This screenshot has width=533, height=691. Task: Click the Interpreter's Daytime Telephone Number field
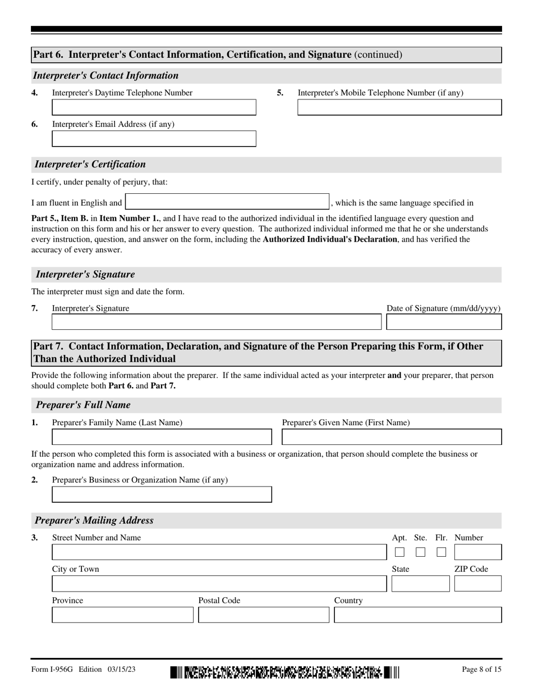tap(154, 107)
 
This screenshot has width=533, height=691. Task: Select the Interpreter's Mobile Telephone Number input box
tap(399, 107)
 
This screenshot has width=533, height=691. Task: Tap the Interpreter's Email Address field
tap(154, 139)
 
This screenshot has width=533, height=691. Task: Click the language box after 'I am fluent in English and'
tap(227, 202)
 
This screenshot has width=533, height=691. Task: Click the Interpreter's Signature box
tap(216, 322)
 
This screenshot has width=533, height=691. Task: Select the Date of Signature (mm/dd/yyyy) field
tap(444, 322)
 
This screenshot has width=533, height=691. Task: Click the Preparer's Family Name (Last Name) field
tap(162, 437)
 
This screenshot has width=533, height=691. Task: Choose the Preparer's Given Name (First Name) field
tap(392, 437)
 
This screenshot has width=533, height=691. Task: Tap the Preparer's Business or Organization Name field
tap(162, 494)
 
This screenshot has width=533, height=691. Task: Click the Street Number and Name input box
tap(219, 552)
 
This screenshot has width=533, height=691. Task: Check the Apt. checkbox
tap(399, 552)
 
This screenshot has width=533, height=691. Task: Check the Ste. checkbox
tap(420, 552)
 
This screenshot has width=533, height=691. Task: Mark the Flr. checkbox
tap(442, 552)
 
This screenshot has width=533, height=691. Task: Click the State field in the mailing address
tap(420, 584)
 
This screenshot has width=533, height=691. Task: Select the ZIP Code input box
tap(477, 584)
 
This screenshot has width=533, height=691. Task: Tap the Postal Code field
tap(264, 615)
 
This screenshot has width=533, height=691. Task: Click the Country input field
tap(417, 615)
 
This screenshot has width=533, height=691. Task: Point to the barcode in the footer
tap(284, 672)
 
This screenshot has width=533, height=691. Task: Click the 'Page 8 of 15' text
tap(481, 669)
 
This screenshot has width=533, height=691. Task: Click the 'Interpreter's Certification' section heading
tap(90, 164)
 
